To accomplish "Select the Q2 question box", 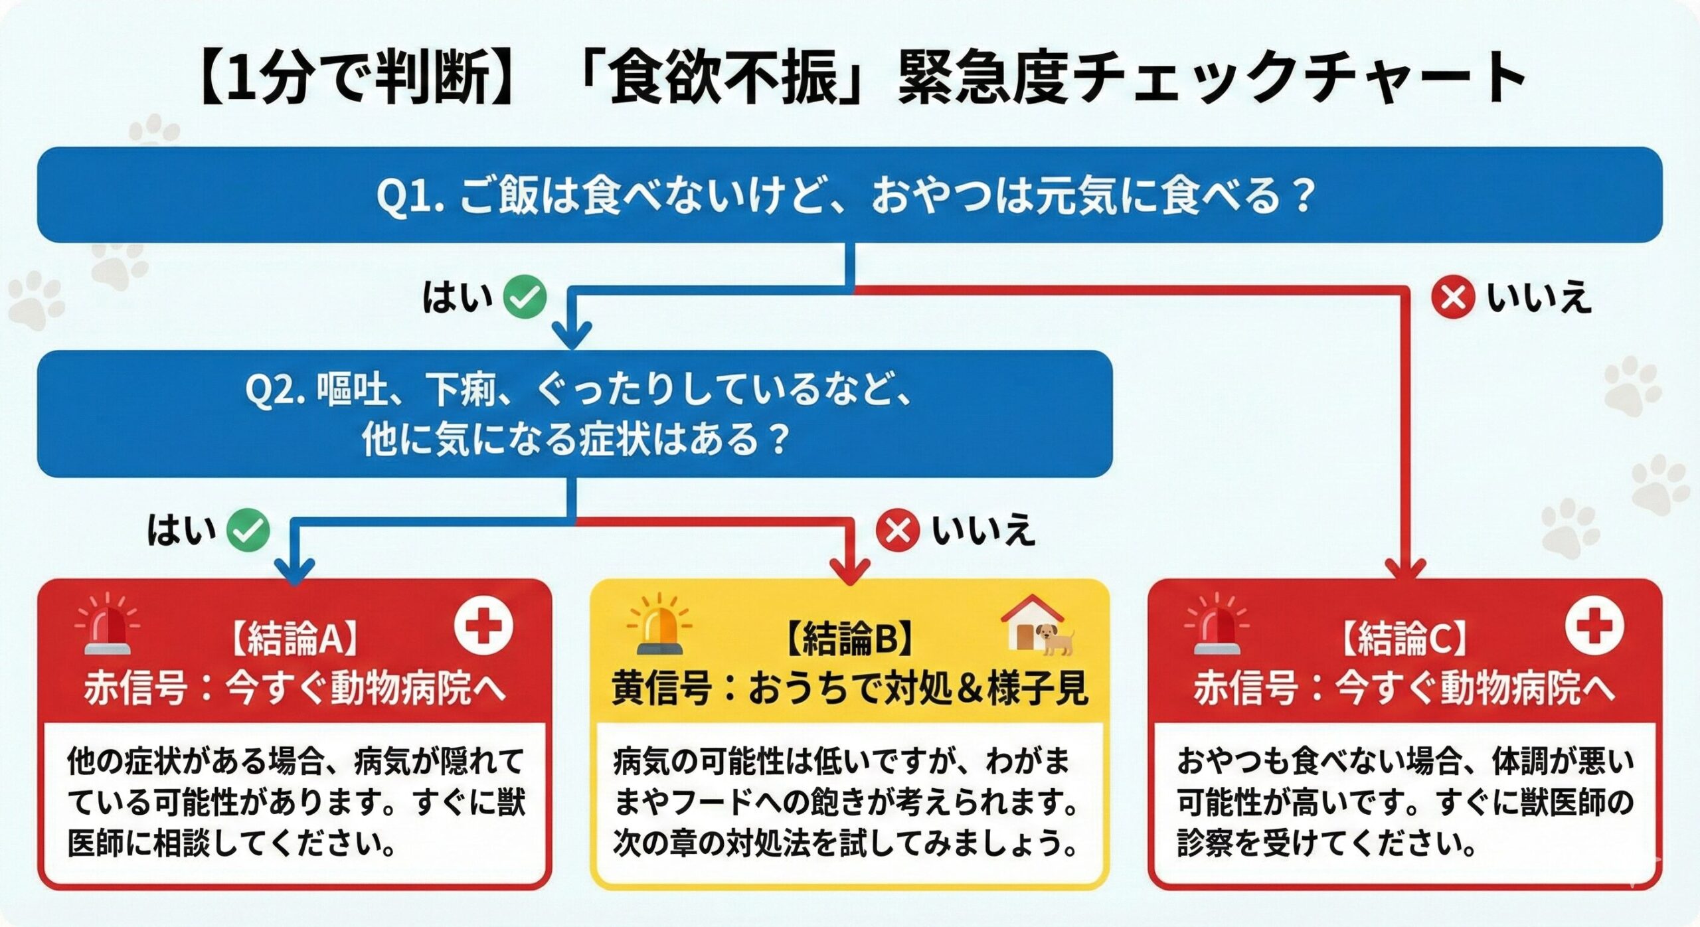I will tap(574, 414).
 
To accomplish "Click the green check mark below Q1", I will tap(525, 297).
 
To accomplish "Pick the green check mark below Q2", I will tap(248, 531).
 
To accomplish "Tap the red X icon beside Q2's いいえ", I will tap(898, 531).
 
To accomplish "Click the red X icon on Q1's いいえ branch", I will tap(1453, 297).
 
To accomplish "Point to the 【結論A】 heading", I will tap(294, 639).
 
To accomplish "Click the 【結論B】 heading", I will tap(849, 639).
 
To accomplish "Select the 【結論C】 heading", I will tap(1404, 639).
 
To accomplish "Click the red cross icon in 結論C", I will tap(1594, 626).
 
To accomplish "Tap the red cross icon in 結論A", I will tap(483, 626).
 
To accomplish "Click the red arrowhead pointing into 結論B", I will tap(851, 570).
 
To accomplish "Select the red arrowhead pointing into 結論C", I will tap(1406, 570).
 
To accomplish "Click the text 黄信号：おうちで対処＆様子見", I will tap(849, 689).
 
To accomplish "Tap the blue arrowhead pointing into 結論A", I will tap(295, 570).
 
